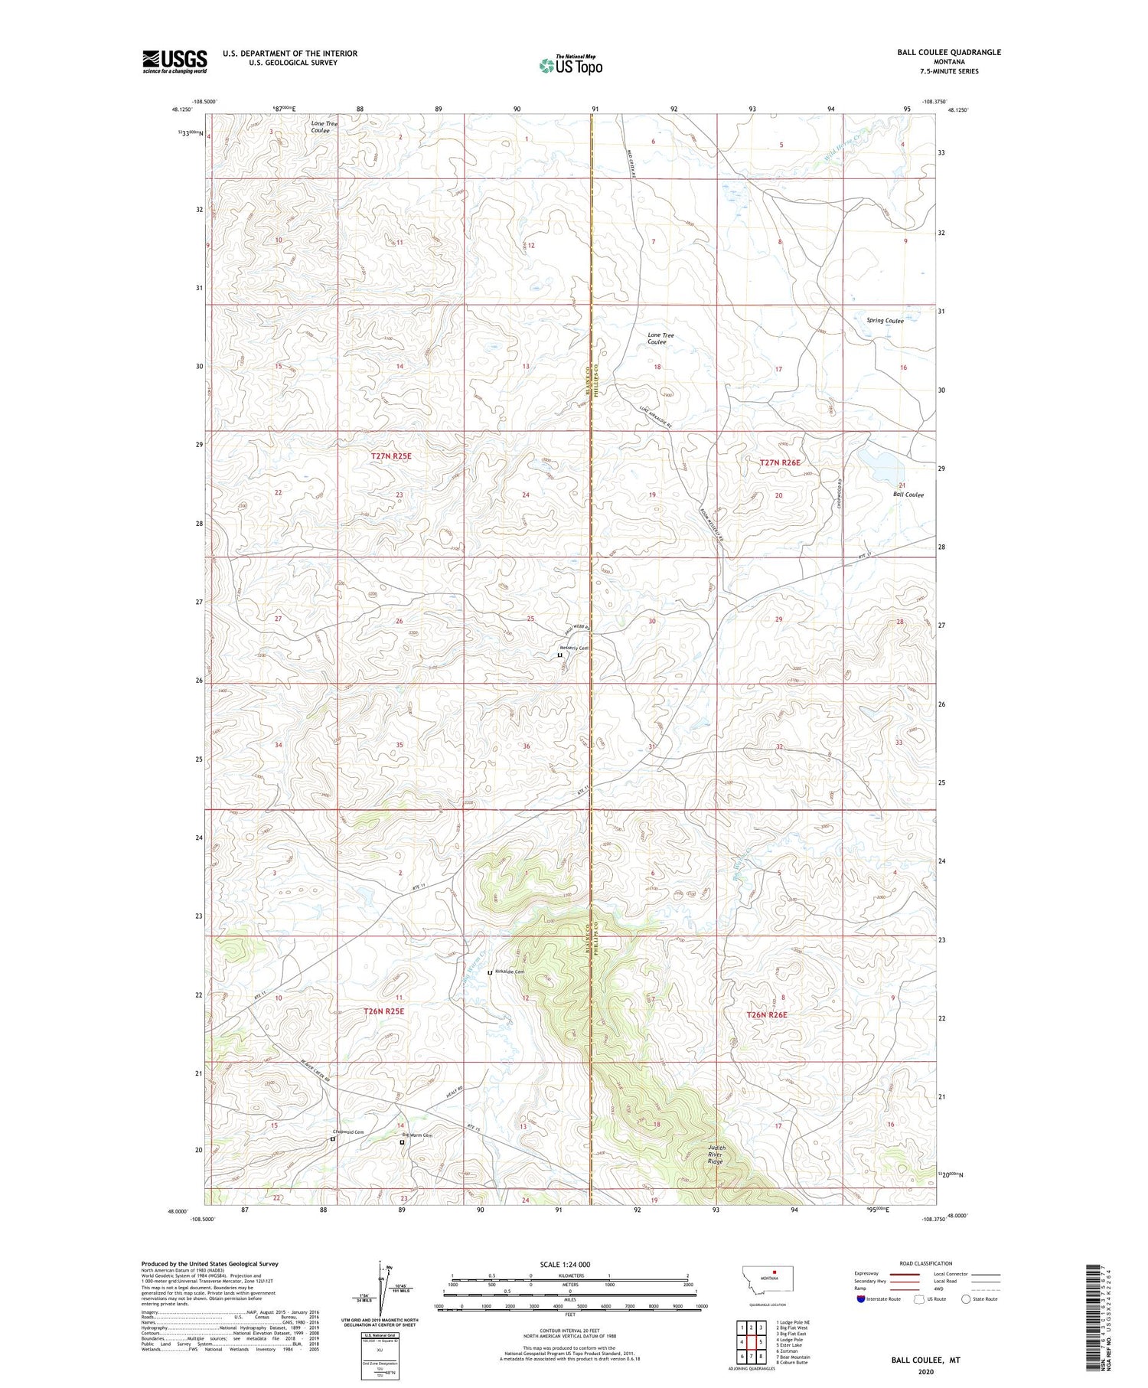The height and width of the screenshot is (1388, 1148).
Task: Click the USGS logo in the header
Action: click(x=174, y=60)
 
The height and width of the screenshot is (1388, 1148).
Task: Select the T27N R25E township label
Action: click(x=391, y=456)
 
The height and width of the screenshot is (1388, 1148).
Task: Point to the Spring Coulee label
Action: click(x=885, y=321)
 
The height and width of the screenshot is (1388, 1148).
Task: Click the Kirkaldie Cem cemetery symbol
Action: click(x=491, y=972)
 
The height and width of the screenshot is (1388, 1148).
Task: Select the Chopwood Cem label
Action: click(x=347, y=1132)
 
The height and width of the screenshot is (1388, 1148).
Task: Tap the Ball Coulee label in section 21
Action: click(x=908, y=495)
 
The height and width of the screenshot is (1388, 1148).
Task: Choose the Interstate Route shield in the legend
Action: click(x=860, y=1298)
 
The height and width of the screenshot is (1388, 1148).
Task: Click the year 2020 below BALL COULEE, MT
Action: click(x=925, y=1371)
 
